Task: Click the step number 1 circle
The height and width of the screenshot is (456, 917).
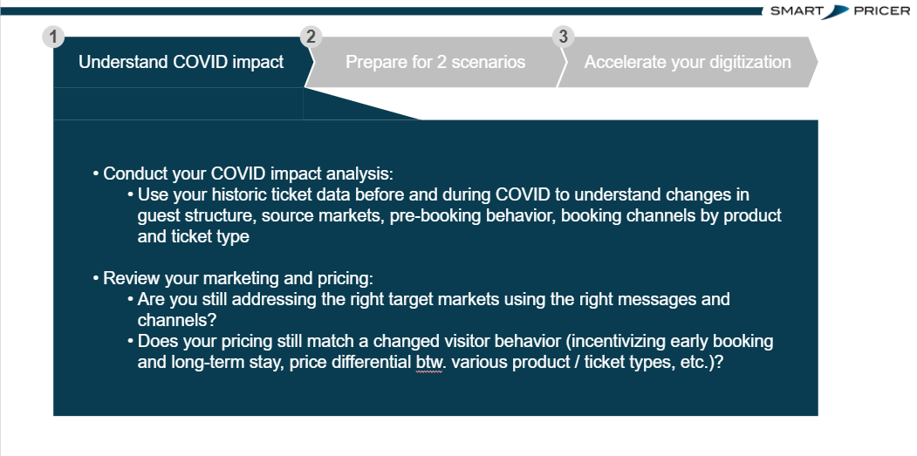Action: [53, 37]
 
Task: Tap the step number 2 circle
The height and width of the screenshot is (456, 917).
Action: [311, 37]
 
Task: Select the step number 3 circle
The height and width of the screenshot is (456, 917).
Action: [563, 37]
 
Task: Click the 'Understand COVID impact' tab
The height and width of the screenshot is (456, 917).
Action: [181, 62]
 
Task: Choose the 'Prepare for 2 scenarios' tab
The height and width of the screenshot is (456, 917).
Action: [435, 62]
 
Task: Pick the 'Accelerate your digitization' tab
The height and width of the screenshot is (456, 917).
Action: [688, 62]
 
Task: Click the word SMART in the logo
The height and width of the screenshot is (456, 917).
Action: [797, 11]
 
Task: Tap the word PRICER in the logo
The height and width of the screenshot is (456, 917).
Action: [882, 11]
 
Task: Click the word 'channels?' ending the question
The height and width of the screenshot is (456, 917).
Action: [177, 320]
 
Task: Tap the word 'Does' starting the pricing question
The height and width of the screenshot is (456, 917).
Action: [158, 342]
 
